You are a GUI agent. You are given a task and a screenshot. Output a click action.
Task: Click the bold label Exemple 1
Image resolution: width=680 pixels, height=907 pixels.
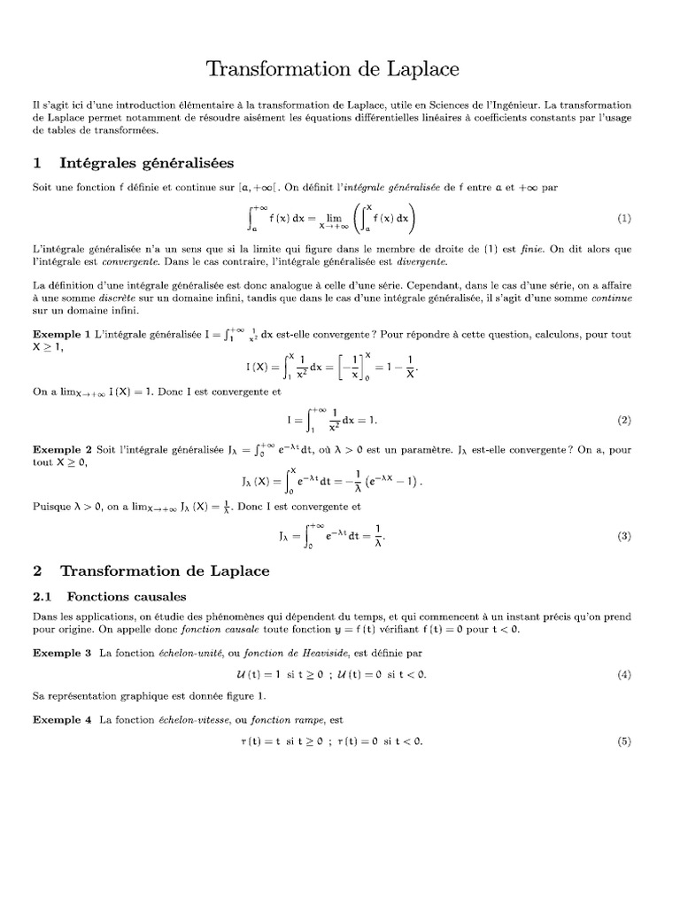tap(61, 335)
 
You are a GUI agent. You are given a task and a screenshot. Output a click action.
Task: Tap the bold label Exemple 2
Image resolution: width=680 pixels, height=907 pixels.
tap(61, 451)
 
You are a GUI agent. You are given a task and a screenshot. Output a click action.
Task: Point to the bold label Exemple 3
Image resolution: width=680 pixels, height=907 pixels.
tap(61, 653)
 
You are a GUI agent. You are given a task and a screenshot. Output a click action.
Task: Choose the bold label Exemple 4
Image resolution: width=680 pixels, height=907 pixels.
tap(61, 719)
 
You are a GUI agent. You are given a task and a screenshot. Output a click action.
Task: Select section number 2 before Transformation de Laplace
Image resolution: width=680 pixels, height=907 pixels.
tap(37, 571)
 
